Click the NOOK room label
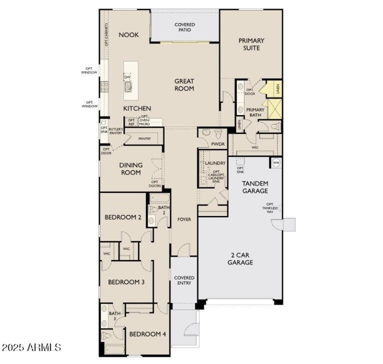pos(128,34)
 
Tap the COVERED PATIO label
pos(184,27)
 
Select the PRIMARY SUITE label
pos(251,44)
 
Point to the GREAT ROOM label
pos(184,85)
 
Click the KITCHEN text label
pos(137,109)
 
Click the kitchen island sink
pos(128,87)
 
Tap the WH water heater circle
pos(276,163)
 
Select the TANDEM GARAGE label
pos(255,187)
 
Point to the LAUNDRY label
pos(215,163)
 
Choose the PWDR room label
pos(217,143)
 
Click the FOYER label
pos(184,219)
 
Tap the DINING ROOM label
pos(131,169)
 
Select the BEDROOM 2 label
pos(123,217)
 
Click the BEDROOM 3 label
pos(126,282)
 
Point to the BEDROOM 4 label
pos(147,334)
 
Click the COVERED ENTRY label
pos(184,280)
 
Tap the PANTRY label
pos(144,139)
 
